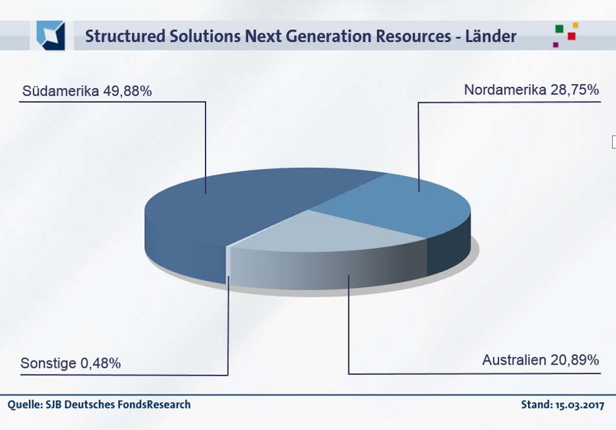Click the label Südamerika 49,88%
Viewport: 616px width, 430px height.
[x=87, y=91]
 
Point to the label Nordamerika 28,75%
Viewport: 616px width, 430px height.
[x=531, y=90]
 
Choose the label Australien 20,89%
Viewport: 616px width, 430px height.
[x=540, y=360]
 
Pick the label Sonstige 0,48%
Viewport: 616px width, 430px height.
[x=70, y=363]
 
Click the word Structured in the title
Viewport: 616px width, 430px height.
[x=125, y=36]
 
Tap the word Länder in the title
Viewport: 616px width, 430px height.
[x=491, y=36]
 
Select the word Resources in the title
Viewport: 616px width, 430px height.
[x=413, y=36]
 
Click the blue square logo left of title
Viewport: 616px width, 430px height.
[x=50, y=36]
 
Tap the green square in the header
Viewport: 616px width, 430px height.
[x=559, y=28]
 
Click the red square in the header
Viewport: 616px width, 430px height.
[x=571, y=36]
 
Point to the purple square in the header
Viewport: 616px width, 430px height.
[x=555, y=45]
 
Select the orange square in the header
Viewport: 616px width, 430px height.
[x=575, y=25]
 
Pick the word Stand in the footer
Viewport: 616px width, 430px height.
[x=536, y=404]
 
